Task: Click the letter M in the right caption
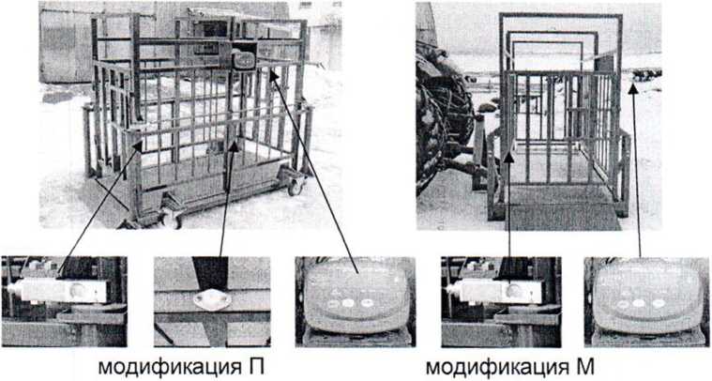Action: [585, 367]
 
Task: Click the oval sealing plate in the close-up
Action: [212, 300]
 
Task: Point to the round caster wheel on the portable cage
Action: [295, 185]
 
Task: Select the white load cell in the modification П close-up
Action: [57, 290]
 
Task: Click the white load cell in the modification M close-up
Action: [495, 291]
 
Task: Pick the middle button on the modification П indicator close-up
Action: [348, 302]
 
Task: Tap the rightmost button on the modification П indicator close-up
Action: [366, 302]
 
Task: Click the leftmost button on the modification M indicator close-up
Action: [621, 304]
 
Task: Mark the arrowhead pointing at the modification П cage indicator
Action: [273, 76]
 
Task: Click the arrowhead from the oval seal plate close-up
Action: [234, 146]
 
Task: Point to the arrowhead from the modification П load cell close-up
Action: [137, 146]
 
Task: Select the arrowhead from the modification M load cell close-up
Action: [509, 158]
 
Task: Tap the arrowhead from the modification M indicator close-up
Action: [633, 88]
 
